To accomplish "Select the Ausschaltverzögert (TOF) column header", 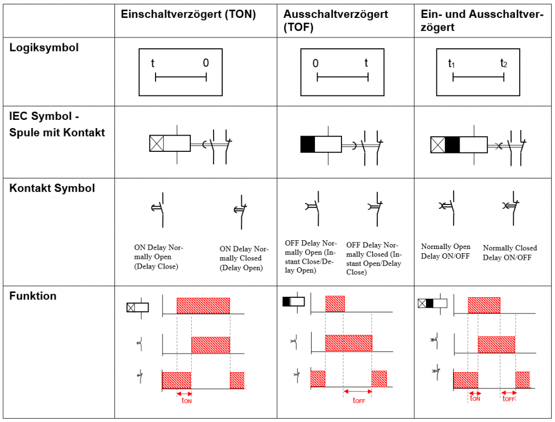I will point(335,21).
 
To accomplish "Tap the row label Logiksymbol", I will point(44,48).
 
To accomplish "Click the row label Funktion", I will point(33,296).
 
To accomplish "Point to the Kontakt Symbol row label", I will point(52,188).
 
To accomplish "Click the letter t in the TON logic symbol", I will point(153,63).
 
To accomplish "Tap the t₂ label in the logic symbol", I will point(504,63).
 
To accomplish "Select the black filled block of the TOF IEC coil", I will point(307,144).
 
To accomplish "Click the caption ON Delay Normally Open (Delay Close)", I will point(159,257).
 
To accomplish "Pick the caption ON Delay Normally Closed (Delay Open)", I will point(244,258).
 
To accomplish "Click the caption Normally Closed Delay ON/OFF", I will point(509,253).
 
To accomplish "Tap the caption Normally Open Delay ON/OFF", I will point(446,252).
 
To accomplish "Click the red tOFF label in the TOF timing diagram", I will point(359,401).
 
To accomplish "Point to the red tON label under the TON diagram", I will point(186,401).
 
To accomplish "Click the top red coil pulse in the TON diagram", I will point(203,305).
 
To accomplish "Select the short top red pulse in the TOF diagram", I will point(335,303).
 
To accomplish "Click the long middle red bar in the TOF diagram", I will point(349,343).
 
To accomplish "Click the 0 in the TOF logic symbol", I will point(315,63).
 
